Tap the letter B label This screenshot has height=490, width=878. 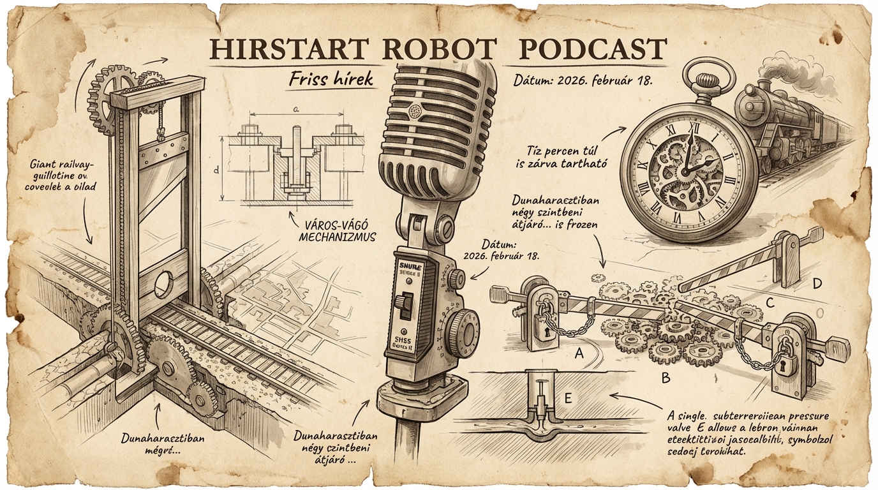click(x=666, y=379)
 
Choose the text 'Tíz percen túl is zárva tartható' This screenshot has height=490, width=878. click(x=567, y=157)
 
